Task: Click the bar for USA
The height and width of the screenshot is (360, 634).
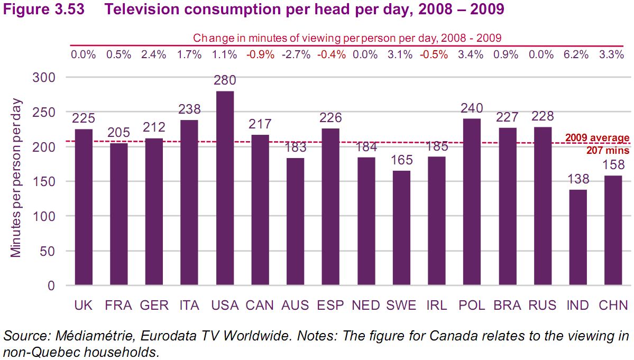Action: click(x=225, y=188)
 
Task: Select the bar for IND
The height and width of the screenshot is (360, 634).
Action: click(x=578, y=237)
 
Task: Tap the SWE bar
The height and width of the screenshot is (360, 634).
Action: click(x=401, y=228)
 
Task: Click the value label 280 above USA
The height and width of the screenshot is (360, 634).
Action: click(x=225, y=81)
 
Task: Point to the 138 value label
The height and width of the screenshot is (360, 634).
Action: click(x=578, y=180)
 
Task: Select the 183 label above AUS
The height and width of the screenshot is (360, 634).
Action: click(x=295, y=147)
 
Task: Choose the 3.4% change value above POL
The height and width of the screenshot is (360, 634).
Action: click(x=471, y=54)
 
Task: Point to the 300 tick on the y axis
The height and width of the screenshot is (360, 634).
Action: click(x=44, y=78)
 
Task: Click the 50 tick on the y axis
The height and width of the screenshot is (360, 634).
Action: click(x=48, y=251)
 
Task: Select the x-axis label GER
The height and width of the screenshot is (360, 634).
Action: click(x=154, y=306)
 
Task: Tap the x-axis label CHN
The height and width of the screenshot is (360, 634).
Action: click(x=613, y=306)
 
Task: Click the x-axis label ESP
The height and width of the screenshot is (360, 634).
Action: click(x=330, y=306)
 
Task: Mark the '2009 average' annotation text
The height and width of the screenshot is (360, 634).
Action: click(x=598, y=139)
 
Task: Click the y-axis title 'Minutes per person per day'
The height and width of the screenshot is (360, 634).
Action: click(x=16, y=178)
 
